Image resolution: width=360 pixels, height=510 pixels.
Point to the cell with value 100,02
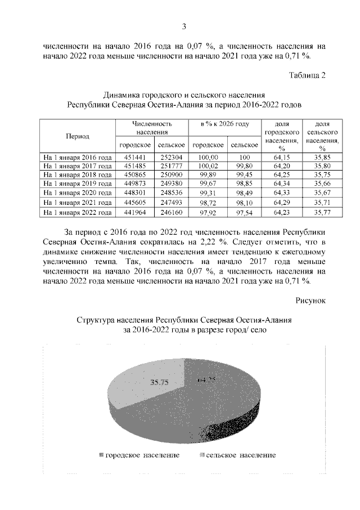[208, 166]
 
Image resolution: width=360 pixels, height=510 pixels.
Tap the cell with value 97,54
[245, 212]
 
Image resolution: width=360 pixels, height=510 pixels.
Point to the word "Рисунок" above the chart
[310, 302]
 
